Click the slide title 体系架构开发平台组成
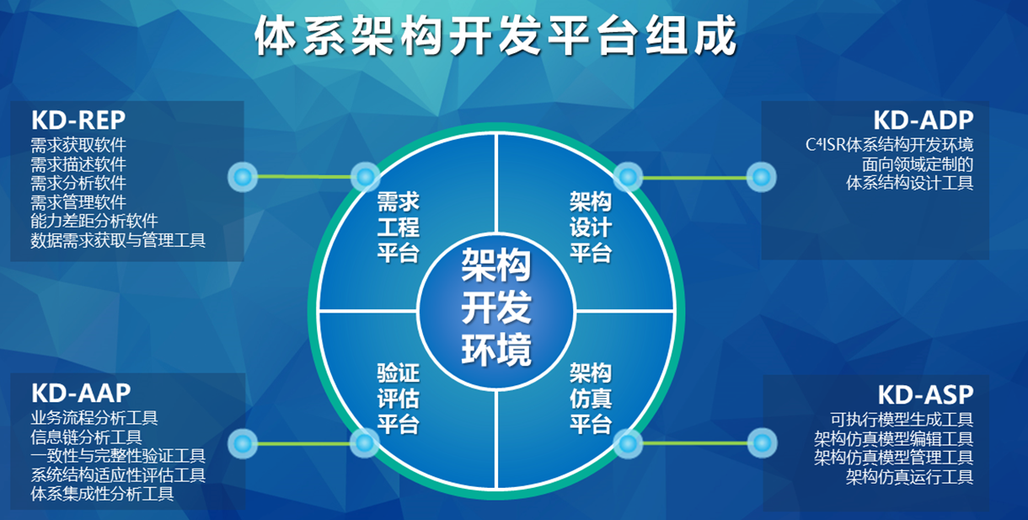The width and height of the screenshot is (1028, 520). coord(495,35)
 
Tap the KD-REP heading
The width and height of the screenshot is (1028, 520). coord(78,121)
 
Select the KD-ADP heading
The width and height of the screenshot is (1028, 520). coord(924,121)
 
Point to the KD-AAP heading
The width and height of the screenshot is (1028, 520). coord(81,394)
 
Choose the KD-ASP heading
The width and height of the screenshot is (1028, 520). coord(926,394)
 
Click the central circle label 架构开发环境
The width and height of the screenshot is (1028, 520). coord(496,308)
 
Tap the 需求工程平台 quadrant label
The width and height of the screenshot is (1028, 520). coord(399,228)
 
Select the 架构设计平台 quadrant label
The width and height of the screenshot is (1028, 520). coord(592,228)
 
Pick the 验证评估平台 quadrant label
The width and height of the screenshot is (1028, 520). coord(399,399)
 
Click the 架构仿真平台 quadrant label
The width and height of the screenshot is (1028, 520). coord(592,399)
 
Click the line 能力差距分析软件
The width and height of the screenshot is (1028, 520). coord(94,221)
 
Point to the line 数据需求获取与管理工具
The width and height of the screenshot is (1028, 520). coord(118,240)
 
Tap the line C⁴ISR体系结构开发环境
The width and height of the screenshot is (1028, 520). coord(890,145)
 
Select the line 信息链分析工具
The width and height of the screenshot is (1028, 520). coord(86,437)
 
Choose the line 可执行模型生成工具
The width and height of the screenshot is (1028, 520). coord(902,419)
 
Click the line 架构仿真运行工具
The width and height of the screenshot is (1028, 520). coord(909,477)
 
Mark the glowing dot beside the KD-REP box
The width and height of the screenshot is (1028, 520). coord(243,177)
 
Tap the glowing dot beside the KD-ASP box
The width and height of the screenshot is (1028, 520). coord(763,443)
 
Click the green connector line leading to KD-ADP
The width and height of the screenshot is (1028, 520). coord(695,178)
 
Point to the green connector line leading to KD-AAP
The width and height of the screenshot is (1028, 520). coord(304,444)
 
